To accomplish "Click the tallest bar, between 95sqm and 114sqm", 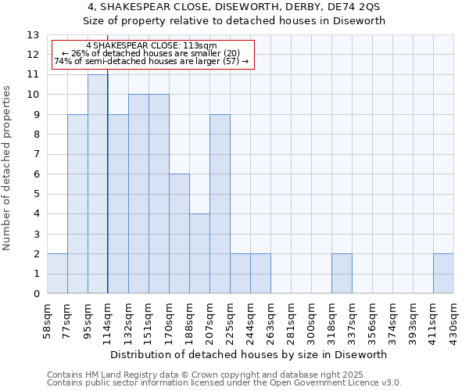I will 98,184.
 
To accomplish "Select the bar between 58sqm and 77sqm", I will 57,274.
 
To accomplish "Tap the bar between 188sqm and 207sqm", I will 199,253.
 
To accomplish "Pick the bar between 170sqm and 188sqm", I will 179,234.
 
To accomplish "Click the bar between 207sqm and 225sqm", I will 220,204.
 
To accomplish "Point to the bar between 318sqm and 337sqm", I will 342,274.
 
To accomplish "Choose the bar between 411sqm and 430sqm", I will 443,274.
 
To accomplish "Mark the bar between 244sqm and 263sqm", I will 260,274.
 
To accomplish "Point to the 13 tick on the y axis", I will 34,35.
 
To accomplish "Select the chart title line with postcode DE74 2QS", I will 234,6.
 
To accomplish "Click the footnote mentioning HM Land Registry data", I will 224,375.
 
